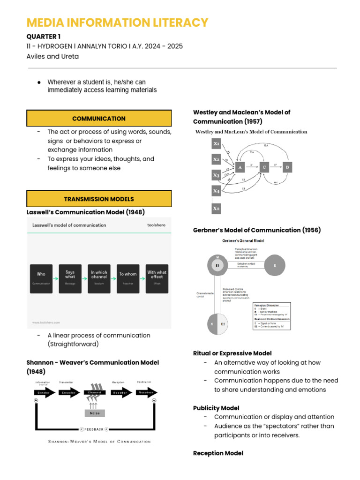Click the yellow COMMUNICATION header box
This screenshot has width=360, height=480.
point(99,119)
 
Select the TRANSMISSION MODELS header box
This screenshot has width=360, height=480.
point(99,199)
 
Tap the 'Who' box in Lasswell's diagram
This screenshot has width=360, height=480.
point(41,278)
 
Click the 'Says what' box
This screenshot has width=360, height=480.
point(70,278)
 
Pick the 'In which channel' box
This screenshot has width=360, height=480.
point(99,278)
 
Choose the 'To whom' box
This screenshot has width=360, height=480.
point(128,278)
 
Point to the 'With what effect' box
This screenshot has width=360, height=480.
point(157,278)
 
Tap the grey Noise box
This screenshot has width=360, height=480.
point(95,413)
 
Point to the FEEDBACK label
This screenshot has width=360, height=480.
point(94,428)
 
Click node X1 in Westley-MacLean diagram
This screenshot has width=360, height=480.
point(216,144)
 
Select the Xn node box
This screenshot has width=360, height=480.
point(216,208)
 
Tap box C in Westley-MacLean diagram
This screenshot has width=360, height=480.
point(264,166)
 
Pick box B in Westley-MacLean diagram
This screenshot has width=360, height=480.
point(287,166)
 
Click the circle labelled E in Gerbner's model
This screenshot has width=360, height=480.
point(275,265)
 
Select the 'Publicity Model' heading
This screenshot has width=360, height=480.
point(216,408)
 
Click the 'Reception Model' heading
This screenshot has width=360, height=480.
point(218,453)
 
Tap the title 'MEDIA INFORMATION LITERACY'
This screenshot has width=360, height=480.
point(117,22)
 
